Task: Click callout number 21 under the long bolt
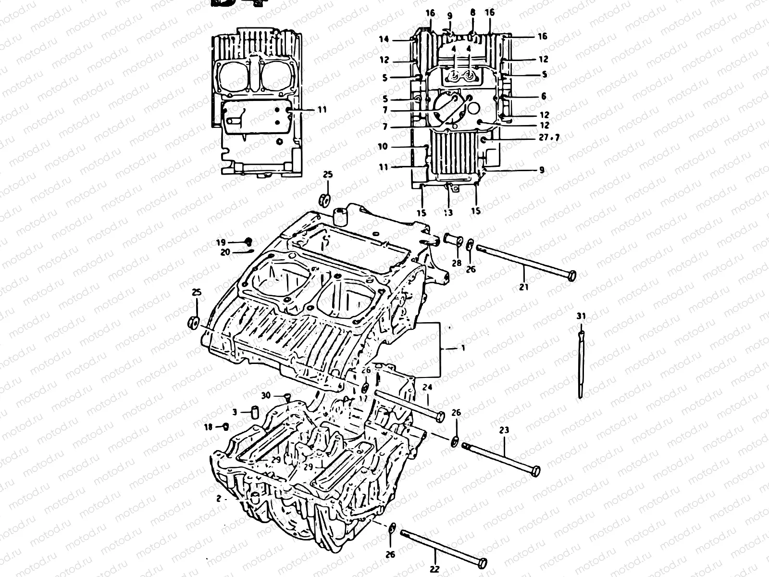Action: pos(524,287)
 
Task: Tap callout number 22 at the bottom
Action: pos(435,569)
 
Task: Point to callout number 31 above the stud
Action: pos(582,316)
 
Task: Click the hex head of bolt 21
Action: pos(571,276)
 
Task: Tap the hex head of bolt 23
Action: pos(535,470)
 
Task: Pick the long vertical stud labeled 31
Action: pos(582,363)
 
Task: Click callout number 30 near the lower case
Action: pos(266,395)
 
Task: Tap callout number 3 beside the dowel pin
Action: pos(235,412)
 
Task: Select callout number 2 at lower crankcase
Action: pos(219,499)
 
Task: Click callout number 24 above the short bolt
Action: pos(428,387)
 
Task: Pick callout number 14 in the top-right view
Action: pos(384,40)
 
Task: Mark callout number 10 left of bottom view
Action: pos(383,146)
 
